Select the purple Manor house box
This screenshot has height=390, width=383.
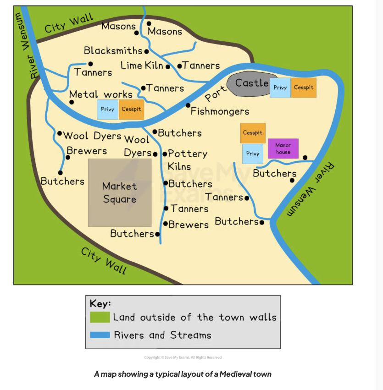coord(283,148)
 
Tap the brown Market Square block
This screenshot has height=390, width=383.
coord(120,192)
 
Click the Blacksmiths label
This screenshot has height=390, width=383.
coord(113,50)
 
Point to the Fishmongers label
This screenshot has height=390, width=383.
coord(220,111)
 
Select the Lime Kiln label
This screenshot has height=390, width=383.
coord(142,66)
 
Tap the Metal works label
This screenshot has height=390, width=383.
coord(100,94)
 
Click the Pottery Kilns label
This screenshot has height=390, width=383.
coord(186,159)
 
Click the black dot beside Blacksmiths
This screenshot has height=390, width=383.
coord(146,52)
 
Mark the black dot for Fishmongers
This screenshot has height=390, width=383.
coord(188,105)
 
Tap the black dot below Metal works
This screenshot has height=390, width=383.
coord(72,102)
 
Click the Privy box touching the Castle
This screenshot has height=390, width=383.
coord(280,88)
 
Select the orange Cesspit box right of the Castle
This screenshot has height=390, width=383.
coord(303,88)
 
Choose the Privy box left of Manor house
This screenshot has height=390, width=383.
coord(252,154)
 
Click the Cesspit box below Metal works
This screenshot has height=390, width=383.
coord(131,110)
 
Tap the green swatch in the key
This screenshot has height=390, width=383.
coord(100,317)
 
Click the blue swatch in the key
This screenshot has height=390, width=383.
coord(100,335)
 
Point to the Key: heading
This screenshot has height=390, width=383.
coord(100,303)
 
